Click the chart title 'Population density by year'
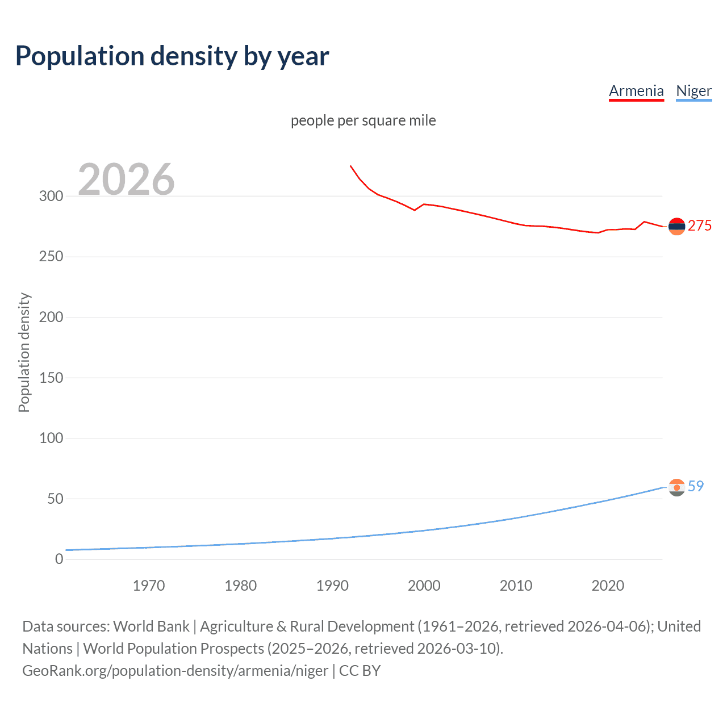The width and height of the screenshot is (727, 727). [172, 56]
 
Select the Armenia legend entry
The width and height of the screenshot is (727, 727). [636, 91]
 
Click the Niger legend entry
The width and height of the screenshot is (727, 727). [693, 91]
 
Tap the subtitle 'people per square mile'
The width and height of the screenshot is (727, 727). [363, 120]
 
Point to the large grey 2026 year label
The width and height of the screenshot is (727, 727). [126, 179]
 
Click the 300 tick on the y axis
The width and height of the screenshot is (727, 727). [51, 196]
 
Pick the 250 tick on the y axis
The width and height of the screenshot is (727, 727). [51, 257]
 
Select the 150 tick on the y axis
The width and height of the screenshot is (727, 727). [51, 378]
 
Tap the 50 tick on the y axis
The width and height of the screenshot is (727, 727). [55, 499]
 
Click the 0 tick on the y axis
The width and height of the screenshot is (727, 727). [59, 559]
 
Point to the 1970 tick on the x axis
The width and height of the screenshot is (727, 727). [149, 586]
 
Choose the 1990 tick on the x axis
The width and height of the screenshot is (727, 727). [332, 586]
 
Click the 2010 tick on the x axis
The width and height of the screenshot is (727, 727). [516, 586]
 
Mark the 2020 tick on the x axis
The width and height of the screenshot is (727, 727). [608, 586]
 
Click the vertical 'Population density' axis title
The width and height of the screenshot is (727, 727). [24, 352]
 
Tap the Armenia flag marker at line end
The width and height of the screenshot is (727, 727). [676, 226]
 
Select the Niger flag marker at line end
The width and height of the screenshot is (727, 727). [676, 487]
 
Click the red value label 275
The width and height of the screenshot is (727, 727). [700, 225]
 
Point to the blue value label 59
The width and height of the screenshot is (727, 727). [696, 486]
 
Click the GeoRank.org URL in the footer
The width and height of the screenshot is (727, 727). [175, 671]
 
